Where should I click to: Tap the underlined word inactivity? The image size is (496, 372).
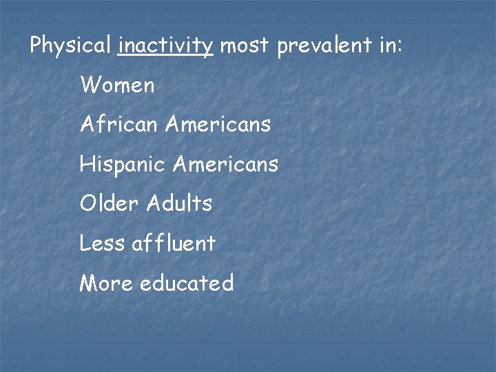(165, 46)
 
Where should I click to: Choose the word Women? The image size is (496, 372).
(117, 85)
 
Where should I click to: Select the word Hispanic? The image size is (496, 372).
(123, 164)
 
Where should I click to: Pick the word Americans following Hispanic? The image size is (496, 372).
(226, 164)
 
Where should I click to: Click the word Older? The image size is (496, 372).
(107, 204)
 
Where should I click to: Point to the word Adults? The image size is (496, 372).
(177, 204)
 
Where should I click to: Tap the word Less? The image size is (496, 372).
(102, 243)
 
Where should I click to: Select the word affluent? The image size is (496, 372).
(173, 243)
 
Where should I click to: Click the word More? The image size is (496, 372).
(106, 283)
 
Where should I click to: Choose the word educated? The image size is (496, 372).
(187, 283)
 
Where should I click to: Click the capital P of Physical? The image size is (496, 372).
(37, 46)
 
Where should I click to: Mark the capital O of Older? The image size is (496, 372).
(87, 204)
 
